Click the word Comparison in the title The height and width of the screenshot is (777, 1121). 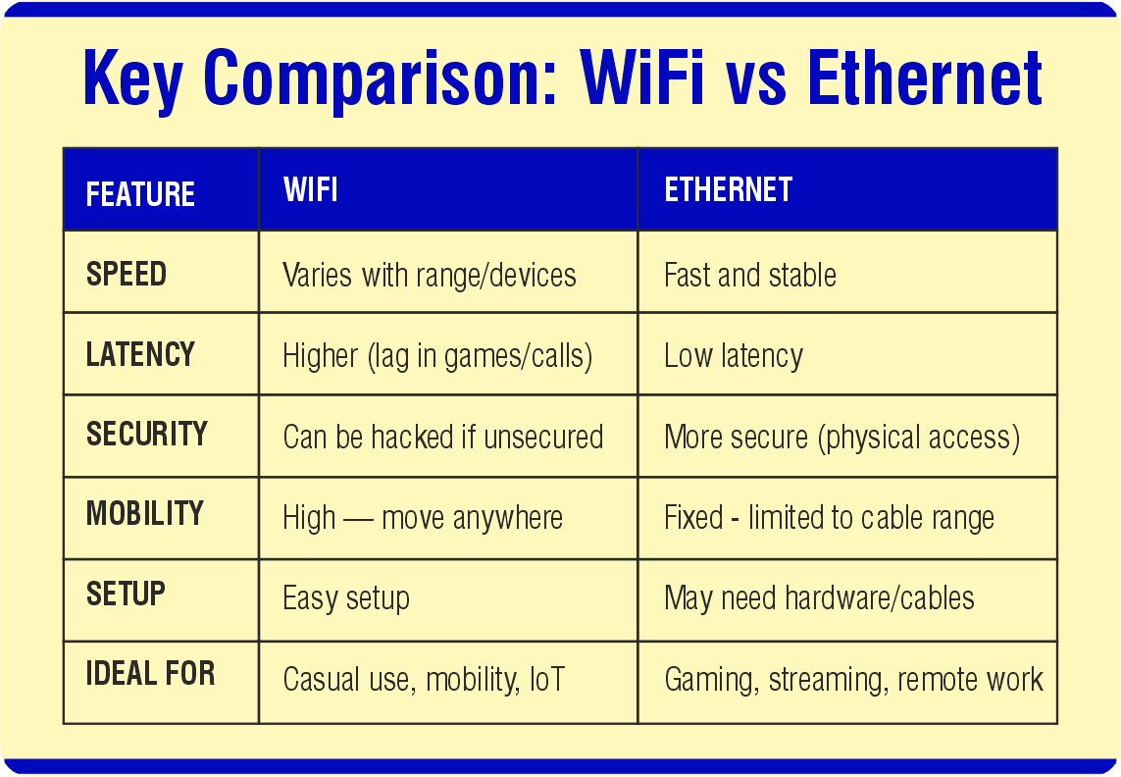click(x=380, y=78)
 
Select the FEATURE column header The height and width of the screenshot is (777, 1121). click(x=140, y=194)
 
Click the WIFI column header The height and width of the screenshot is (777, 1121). click(x=310, y=189)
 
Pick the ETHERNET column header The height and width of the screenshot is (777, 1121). click(x=728, y=189)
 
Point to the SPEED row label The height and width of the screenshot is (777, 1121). click(x=127, y=274)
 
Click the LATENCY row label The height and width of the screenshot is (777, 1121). click(x=140, y=354)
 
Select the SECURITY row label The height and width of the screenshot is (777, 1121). click(x=147, y=434)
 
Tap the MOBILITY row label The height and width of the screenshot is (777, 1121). click(x=145, y=513)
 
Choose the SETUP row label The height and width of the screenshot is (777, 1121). click(x=126, y=594)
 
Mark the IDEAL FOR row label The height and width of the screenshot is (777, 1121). click(x=150, y=674)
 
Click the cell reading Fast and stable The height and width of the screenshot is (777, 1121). click(x=749, y=276)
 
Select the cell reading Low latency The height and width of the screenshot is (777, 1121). click(x=733, y=356)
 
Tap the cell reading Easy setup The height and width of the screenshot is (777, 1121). click(x=345, y=598)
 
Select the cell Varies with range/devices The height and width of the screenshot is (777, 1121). click(x=429, y=276)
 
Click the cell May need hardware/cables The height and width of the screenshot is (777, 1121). click(x=819, y=598)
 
